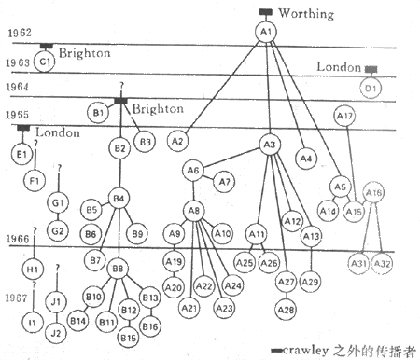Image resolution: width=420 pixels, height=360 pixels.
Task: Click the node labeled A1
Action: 265,33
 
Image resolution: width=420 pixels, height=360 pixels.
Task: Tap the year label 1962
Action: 21,33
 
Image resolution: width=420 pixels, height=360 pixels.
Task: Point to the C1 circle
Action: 46,61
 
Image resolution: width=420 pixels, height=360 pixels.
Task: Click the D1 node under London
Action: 371,89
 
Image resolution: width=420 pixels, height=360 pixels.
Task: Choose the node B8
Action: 119,270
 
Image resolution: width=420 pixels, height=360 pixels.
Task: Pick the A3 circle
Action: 270,145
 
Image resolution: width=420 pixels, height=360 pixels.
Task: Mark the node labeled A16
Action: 373,194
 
